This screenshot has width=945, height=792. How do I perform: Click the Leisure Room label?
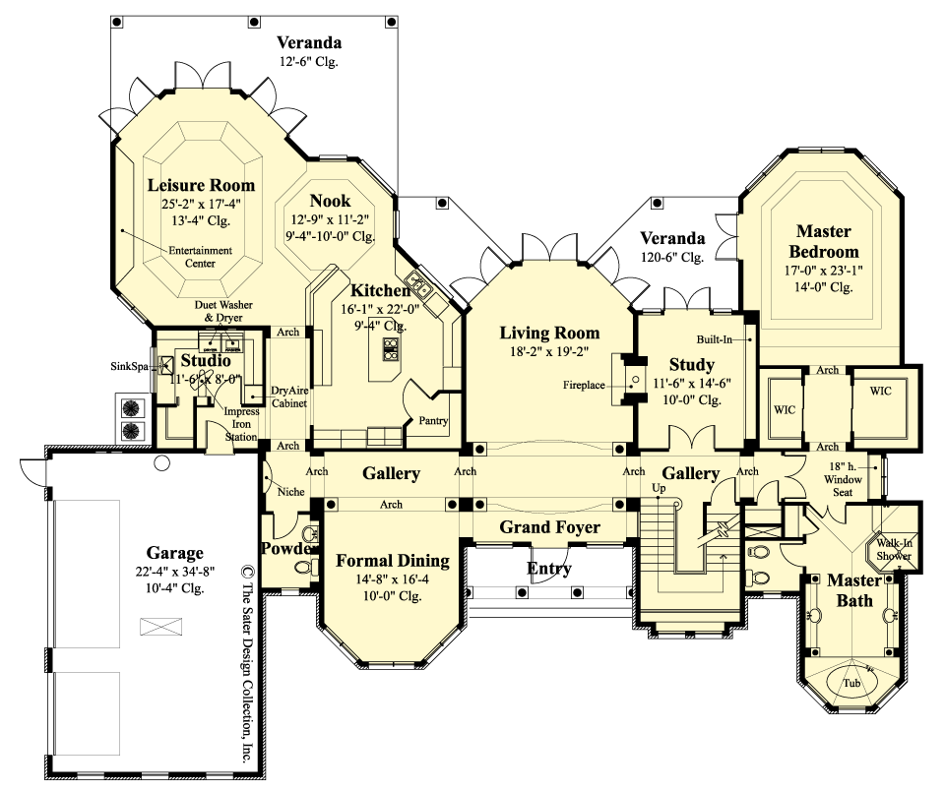click(201, 185)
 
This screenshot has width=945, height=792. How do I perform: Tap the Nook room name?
click(330, 201)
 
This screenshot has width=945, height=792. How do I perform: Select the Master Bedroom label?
click(823, 241)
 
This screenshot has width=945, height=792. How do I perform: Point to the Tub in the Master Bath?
click(851, 682)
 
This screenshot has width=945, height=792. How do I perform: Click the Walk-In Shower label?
click(894, 549)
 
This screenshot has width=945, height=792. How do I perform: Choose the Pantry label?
click(432, 420)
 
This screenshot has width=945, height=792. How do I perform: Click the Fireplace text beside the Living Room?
click(584, 385)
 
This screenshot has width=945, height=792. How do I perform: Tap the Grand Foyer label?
click(549, 527)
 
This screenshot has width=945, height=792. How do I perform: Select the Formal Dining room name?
click(393, 561)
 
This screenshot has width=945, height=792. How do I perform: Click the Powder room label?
click(288, 548)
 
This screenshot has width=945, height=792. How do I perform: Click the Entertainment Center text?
click(200, 257)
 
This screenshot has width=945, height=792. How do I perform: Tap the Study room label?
click(691, 365)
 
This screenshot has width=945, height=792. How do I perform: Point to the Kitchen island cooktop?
click(390, 348)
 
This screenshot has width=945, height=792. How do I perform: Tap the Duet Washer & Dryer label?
click(222, 312)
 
